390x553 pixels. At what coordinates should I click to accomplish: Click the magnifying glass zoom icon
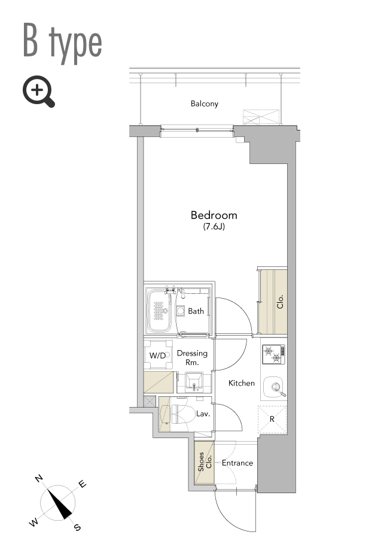click(x=38, y=91)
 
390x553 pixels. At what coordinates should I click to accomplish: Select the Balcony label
click(x=205, y=104)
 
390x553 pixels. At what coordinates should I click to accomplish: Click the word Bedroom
click(x=214, y=215)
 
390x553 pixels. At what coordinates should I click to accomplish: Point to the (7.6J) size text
click(x=214, y=226)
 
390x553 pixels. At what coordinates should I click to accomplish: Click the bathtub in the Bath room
click(x=160, y=311)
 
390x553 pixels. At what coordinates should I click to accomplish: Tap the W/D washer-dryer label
click(x=157, y=355)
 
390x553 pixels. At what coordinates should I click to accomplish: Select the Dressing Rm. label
click(x=192, y=357)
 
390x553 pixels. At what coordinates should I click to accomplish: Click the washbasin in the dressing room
click(x=194, y=382)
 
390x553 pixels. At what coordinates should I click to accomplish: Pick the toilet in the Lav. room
click(x=182, y=414)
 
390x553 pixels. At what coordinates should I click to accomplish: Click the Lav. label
click(x=203, y=414)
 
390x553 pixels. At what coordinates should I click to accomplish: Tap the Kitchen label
click(x=242, y=383)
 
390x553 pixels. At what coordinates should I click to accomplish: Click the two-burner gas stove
click(x=273, y=354)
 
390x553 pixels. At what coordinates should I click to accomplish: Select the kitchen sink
click(x=273, y=387)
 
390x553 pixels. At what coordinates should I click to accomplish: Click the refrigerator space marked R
click(x=272, y=420)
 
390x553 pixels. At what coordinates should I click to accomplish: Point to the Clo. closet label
click(x=280, y=302)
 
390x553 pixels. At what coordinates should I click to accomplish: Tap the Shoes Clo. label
click(x=205, y=461)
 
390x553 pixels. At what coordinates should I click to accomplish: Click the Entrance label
click(x=237, y=463)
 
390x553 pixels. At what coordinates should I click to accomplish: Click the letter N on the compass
click(x=39, y=478)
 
